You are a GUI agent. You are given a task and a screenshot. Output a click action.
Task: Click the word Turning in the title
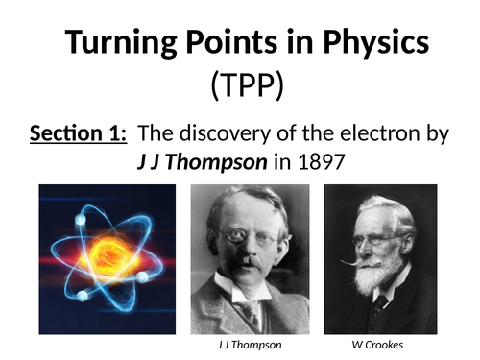pos(109,45)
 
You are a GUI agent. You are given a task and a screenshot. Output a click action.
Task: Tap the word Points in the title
pos(219,45)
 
